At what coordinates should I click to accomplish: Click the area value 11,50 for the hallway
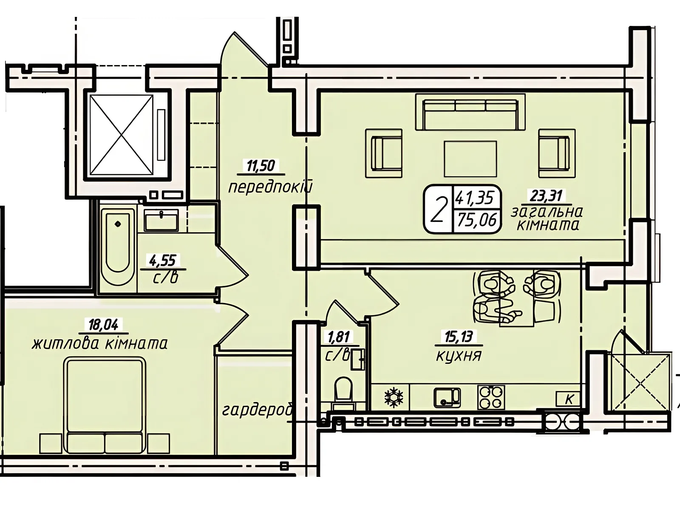click(261, 166)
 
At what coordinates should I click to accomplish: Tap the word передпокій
click(270, 187)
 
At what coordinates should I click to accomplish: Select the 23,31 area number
click(546, 195)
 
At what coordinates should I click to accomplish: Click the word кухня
click(459, 356)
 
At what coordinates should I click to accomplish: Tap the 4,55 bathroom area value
click(163, 261)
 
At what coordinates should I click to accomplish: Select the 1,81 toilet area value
click(339, 337)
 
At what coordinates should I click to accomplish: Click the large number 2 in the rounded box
click(438, 210)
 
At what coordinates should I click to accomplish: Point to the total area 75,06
click(477, 220)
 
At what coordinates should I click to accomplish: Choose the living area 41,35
click(474, 198)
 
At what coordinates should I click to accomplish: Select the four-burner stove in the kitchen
click(491, 397)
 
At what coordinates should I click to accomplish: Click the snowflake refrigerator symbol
click(394, 397)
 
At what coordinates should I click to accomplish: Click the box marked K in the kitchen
click(568, 399)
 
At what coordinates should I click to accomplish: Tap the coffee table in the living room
click(470, 159)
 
